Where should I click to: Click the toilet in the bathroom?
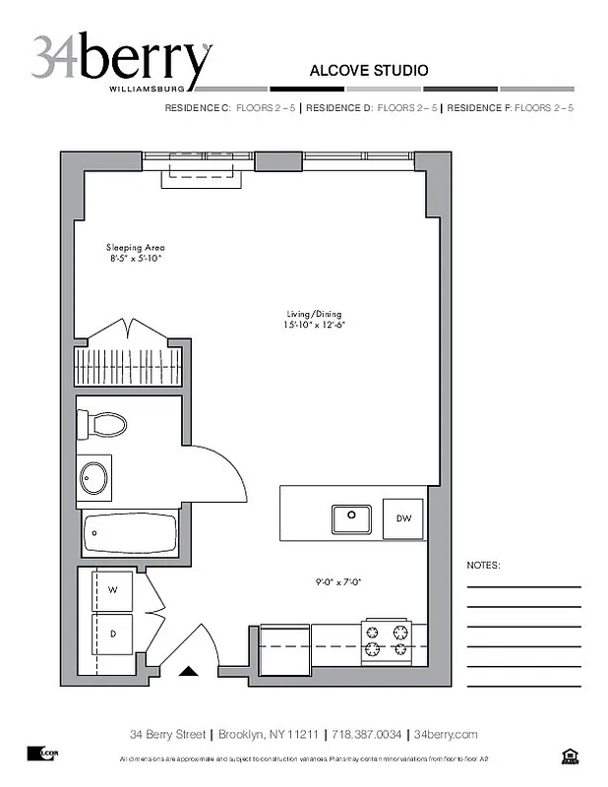pyautogui.click(x=104, y=425)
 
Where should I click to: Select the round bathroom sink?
pyautogui.click(x=94, y=478)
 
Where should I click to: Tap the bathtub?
pyautogui.click(x=130, y=536)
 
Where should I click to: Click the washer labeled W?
pyautogui.click(x=113, y=590)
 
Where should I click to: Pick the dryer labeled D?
pyautogui.click(x=113, y=635)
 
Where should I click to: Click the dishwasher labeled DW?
pyautogui.click(x=403, y=518)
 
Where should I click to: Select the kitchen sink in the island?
pyautogui.click(x=350, y=517)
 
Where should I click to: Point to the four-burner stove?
pyautogui.click(x=387, y=639)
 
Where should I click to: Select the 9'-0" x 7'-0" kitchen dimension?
pyautogui.click(x=339, y=581)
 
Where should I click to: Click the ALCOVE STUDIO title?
pyautogui.click(x=368, y=71)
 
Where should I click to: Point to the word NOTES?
pyautogui.click(x=483, y=566)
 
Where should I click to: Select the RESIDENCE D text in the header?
pyautogui.click(x=339, y=108)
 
